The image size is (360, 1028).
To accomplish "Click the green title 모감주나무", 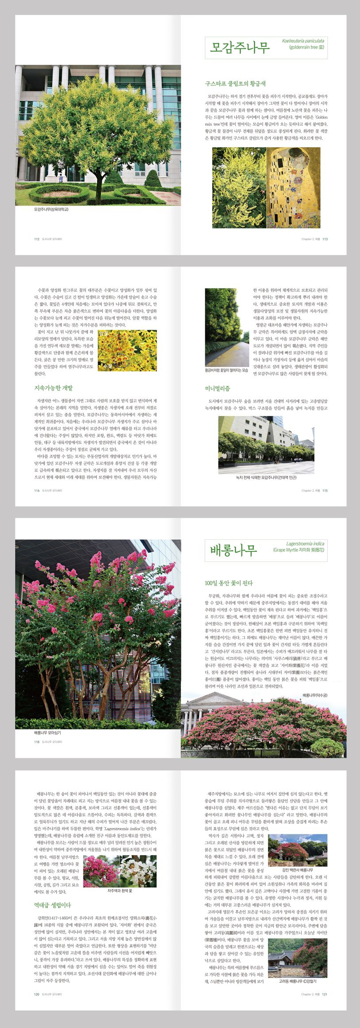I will (x=239, y=47).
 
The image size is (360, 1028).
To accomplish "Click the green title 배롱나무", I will (x=234, y=550).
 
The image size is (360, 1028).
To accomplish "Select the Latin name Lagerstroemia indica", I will (x=305, y=544).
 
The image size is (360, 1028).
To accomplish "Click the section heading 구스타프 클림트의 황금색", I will (x=235, y=83).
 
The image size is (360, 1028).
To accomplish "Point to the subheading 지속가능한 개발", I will (x=54, y=388).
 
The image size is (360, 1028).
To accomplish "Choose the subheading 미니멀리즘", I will (x=218, y=389).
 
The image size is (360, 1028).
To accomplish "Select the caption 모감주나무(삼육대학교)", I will (x=51, y=209).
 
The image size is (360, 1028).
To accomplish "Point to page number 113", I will (x=325, y=239).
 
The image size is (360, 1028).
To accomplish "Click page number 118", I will (x=37, y=742).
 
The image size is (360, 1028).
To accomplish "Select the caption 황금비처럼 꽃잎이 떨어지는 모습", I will (x=226, y=369).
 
